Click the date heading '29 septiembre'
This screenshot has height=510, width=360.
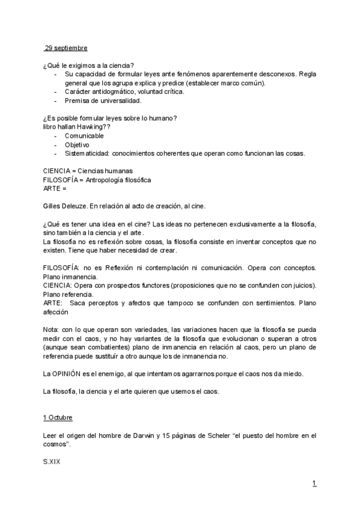[x=66, y=48]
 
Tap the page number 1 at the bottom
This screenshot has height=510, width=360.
[x=314, y=483]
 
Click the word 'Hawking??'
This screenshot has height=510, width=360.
[x=94, y=127]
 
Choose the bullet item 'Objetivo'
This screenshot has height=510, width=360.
[x=77, y=144]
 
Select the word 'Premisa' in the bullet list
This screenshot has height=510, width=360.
[x=78, y=100]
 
